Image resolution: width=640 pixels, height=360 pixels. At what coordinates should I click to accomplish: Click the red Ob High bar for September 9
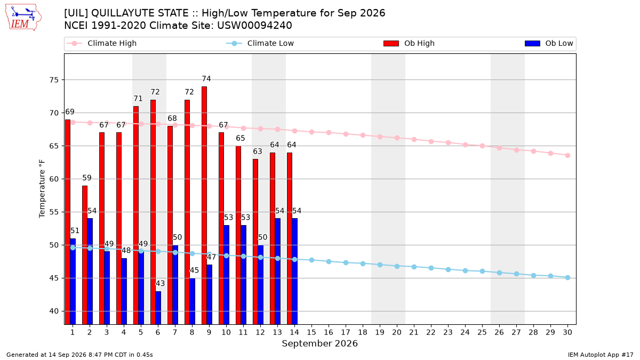[204, 205]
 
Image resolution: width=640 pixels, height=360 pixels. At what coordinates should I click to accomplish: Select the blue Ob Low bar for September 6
[158, 308]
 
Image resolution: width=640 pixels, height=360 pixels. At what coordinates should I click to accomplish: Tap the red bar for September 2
[85, 255]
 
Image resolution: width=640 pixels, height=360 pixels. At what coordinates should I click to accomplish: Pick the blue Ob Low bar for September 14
[295, 271]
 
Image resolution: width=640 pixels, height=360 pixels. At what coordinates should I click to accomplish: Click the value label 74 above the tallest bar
[206, 78]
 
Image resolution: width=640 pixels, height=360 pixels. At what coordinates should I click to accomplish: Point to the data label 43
[161, 283]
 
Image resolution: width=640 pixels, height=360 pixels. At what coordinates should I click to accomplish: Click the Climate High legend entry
[102, 43]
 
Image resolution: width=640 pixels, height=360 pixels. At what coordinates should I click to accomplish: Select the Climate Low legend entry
[260, 43]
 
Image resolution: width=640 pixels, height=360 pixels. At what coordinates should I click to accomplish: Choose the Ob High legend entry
[409, 43]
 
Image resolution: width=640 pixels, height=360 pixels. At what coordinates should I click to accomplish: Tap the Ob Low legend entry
[549, 43]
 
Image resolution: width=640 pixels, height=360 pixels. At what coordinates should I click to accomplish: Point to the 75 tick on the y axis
[54, 80]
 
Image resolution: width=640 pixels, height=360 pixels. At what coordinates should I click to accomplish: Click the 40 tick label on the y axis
[54, 311]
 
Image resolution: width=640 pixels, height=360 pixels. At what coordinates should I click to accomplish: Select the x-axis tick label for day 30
[567, 332]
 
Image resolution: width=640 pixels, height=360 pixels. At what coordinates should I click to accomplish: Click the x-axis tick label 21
[414, 332]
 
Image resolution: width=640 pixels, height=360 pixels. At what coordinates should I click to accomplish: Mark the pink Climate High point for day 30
[567, 155]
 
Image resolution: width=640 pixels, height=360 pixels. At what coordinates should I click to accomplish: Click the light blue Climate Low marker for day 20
[397, 266]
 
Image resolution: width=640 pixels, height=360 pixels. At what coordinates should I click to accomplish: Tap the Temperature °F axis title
[42, 189]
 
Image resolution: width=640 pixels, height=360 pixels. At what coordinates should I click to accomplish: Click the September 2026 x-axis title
[319, 343]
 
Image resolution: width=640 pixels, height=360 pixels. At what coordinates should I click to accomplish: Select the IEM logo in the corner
[23, 18]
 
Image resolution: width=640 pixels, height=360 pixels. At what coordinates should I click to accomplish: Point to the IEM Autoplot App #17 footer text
[601, 355]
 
